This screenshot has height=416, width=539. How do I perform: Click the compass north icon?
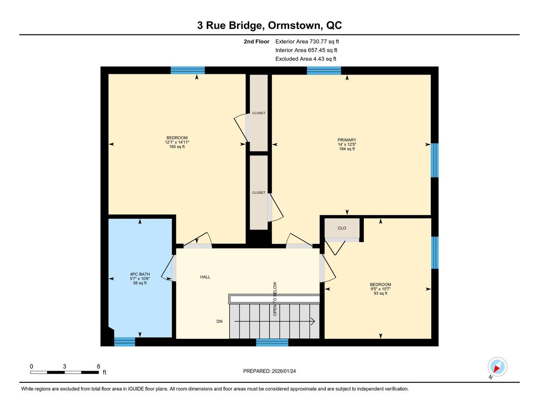[497, 367]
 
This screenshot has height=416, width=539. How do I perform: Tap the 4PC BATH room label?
[140, 274]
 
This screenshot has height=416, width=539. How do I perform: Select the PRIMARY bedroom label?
[347, 140]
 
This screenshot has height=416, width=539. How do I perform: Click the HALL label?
[205, 277]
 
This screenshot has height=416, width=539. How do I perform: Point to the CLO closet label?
[342, 228]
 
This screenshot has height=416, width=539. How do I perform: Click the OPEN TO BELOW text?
[275, 299]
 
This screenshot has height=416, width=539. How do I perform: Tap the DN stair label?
[220, 321]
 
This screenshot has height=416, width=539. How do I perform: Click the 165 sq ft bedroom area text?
[177, 147]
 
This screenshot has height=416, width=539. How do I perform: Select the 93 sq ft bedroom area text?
[380, 294]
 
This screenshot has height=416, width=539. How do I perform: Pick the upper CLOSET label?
[259, 113]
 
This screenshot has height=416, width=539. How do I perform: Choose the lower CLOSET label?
[259, 193]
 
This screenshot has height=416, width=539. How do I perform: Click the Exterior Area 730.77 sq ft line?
[307, 42]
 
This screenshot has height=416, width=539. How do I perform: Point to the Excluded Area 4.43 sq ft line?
[306, 59]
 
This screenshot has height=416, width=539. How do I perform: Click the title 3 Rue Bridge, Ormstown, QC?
[269, 25]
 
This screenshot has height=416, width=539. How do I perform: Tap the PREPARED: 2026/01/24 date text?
[269, 371]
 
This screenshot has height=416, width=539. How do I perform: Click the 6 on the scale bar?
[99, 366]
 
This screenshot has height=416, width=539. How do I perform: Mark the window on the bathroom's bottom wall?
[125, 342]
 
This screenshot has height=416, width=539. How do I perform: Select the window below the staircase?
[272, 343]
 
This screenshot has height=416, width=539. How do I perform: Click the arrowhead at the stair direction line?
[313, 321]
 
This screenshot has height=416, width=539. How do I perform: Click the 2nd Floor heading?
[256, 42]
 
